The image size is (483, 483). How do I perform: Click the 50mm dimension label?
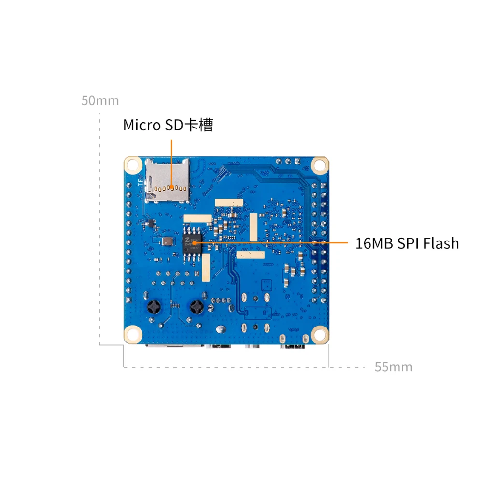pos(100,100)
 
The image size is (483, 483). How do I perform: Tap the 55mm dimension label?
pos(393,367)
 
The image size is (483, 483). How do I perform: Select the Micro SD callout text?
pos(168,125)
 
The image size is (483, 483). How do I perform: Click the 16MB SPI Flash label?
pos(407,243)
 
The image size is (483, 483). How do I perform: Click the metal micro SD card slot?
pos(167,180)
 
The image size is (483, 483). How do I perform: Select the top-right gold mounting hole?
pos(319,165)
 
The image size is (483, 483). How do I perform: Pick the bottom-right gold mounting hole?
pos(319,334)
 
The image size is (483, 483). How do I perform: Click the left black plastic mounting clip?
pos(155,307)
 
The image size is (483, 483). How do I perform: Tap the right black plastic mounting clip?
pos(197,307)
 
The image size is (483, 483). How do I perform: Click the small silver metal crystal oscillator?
pos(167,241)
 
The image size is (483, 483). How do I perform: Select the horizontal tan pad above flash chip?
pos(197,218)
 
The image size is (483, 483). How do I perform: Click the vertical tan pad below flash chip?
pos(206,268)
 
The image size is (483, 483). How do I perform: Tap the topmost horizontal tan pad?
pos(229,200)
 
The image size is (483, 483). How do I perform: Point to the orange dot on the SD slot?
pos(171,186)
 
